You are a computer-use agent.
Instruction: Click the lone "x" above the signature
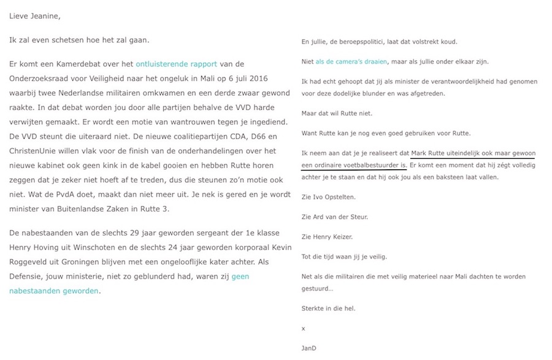[x=303, y=328]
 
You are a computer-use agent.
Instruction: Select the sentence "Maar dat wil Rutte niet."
[x=337, y=114]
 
